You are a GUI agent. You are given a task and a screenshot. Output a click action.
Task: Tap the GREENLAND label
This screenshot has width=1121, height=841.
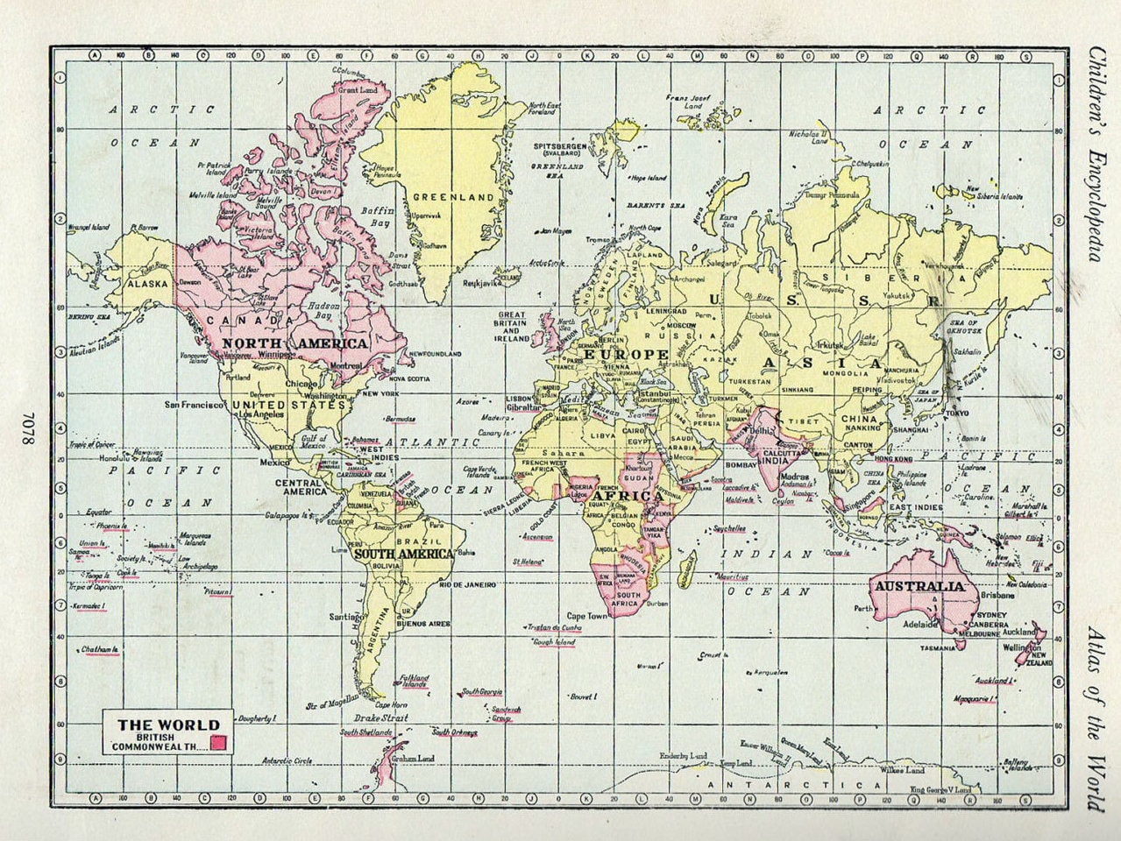pos(442,197)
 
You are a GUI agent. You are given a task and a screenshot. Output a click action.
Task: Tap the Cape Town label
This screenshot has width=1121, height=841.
pos(587,616)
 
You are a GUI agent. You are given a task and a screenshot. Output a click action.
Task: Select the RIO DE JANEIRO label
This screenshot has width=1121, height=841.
pos(468,584)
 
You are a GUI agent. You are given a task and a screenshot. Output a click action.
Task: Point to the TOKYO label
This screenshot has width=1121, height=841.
pos(957,413)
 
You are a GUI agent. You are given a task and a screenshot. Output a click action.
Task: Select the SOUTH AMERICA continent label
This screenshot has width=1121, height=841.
pos(404,554)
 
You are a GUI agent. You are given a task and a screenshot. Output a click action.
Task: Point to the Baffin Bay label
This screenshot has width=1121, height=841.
pos(382,217)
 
